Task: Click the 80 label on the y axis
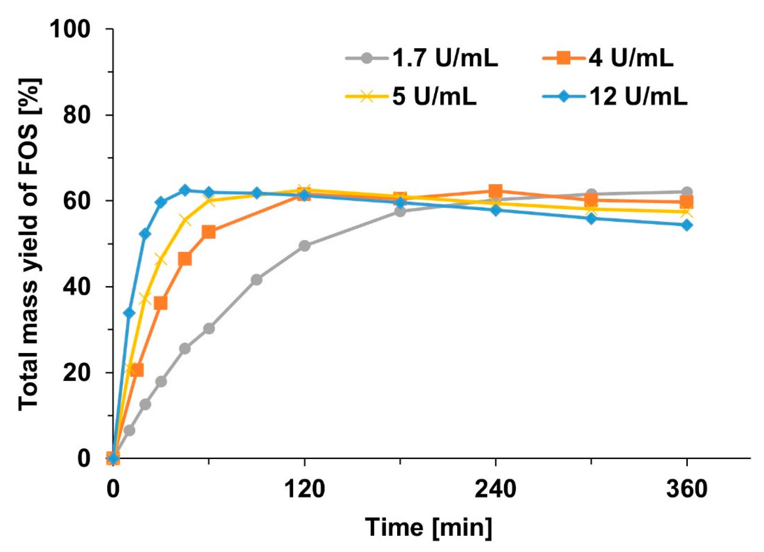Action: click(81, 115)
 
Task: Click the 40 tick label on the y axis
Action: click(81, 287)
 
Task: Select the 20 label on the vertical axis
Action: click(81, 373)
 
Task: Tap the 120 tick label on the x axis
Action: click(304, 489)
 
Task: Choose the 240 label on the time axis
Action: click(495, 489)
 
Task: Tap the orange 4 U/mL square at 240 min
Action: click(495, 191)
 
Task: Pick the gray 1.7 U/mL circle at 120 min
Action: click(304, 246)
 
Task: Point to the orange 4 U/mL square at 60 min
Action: click(209, 232)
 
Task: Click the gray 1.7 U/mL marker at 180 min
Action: click(400, 211)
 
